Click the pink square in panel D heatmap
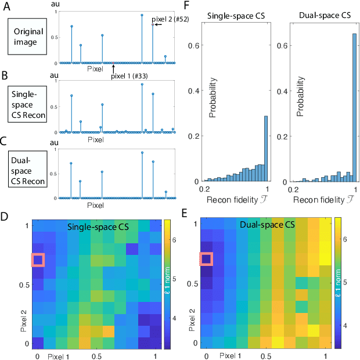click(x=39, y=260)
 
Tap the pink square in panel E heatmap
click(x=207, y=259)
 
